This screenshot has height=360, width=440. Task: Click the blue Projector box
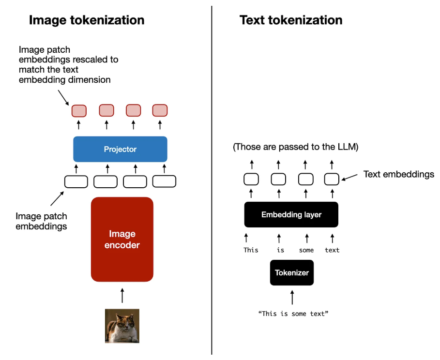120,149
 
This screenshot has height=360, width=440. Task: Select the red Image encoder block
122,240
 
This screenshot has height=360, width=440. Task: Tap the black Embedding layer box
291,214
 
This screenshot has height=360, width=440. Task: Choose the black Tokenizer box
292,272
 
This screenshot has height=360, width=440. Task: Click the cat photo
122,326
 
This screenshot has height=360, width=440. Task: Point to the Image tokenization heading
87,20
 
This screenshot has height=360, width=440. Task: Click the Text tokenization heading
291,20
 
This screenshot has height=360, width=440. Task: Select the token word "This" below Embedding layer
251,250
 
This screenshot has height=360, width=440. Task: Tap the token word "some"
306,250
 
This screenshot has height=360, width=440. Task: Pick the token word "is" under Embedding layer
280,250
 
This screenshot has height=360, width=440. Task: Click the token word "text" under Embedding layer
332,250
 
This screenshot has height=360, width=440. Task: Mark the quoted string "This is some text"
294,314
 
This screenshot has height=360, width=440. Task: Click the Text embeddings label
399,174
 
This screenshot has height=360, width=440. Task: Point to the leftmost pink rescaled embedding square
79,111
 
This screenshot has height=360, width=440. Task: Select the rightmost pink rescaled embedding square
160,111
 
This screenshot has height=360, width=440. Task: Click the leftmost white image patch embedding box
76,181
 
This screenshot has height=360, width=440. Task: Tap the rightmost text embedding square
332,179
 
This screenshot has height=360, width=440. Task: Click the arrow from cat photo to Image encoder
122,295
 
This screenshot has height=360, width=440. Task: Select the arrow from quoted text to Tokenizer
292,297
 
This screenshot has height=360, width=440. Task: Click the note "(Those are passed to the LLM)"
296,147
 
